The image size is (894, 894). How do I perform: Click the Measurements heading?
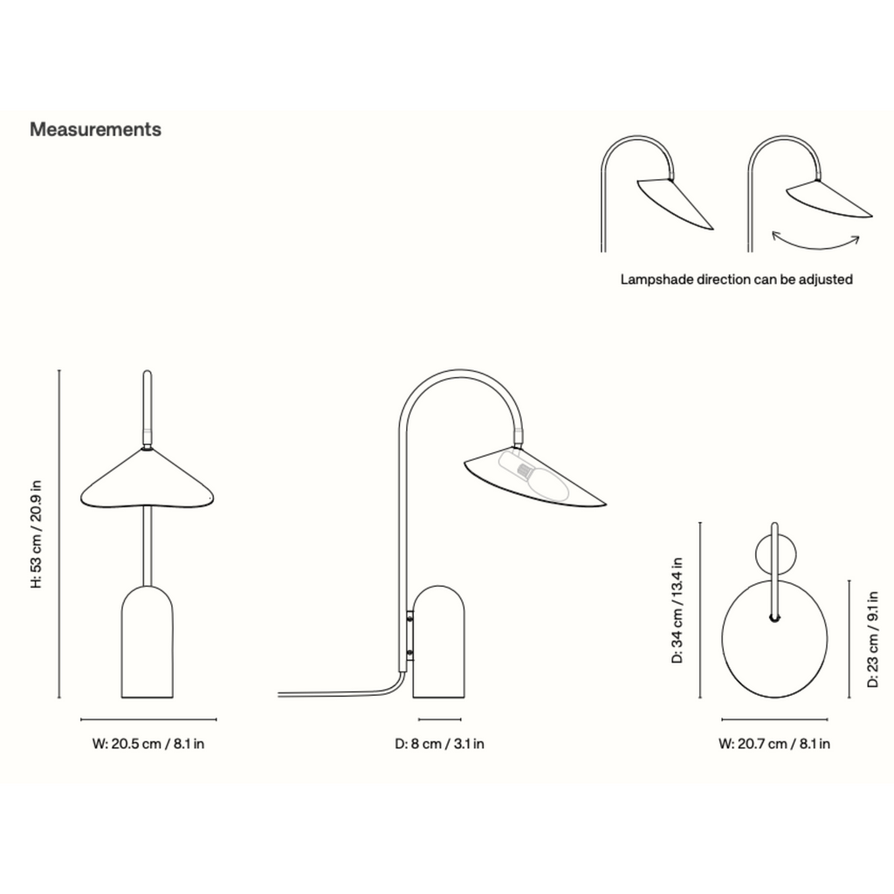point(95,129)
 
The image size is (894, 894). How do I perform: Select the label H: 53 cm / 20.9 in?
point(37,534)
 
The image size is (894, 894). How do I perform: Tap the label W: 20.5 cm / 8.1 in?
point(148,744)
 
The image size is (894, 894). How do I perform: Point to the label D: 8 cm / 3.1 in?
point(440,744)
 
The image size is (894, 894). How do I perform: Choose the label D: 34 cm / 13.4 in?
point(677,610)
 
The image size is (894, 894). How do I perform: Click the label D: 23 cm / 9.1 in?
point(873,639)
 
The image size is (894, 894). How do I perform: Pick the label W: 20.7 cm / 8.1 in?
point(774,744)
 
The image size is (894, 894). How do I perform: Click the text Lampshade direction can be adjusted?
point(737,279)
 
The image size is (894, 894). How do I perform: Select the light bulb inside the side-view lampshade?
point(534,475)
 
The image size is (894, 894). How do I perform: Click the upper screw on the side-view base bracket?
point(410,615)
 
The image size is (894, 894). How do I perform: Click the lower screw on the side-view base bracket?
point(410,652)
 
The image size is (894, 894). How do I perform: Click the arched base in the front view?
point(147,642)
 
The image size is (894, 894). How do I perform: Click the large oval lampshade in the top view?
point(774,638)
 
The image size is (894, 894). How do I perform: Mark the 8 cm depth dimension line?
point(440,719)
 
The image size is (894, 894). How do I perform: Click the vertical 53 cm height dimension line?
point(59,534)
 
